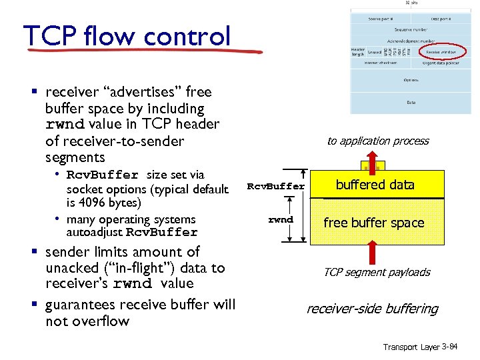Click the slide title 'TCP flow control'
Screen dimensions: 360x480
(127, 36)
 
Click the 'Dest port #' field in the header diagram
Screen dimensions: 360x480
(440, 19)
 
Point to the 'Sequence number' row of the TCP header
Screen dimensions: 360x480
(411, 30)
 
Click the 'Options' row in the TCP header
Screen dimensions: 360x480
(411, 80)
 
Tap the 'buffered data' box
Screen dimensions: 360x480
(375, 185)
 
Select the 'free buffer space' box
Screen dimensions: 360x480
(374, 223)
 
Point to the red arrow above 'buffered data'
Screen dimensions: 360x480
(372, 163)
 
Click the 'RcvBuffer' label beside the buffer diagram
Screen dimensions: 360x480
(276, 186)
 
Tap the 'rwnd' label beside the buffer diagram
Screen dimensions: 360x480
(280, 219)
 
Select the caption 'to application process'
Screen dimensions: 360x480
(377, 141)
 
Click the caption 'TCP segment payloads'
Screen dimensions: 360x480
(376, 272)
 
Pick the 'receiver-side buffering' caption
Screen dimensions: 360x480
(371, 309)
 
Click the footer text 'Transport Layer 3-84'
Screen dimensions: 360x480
(420, 347)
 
